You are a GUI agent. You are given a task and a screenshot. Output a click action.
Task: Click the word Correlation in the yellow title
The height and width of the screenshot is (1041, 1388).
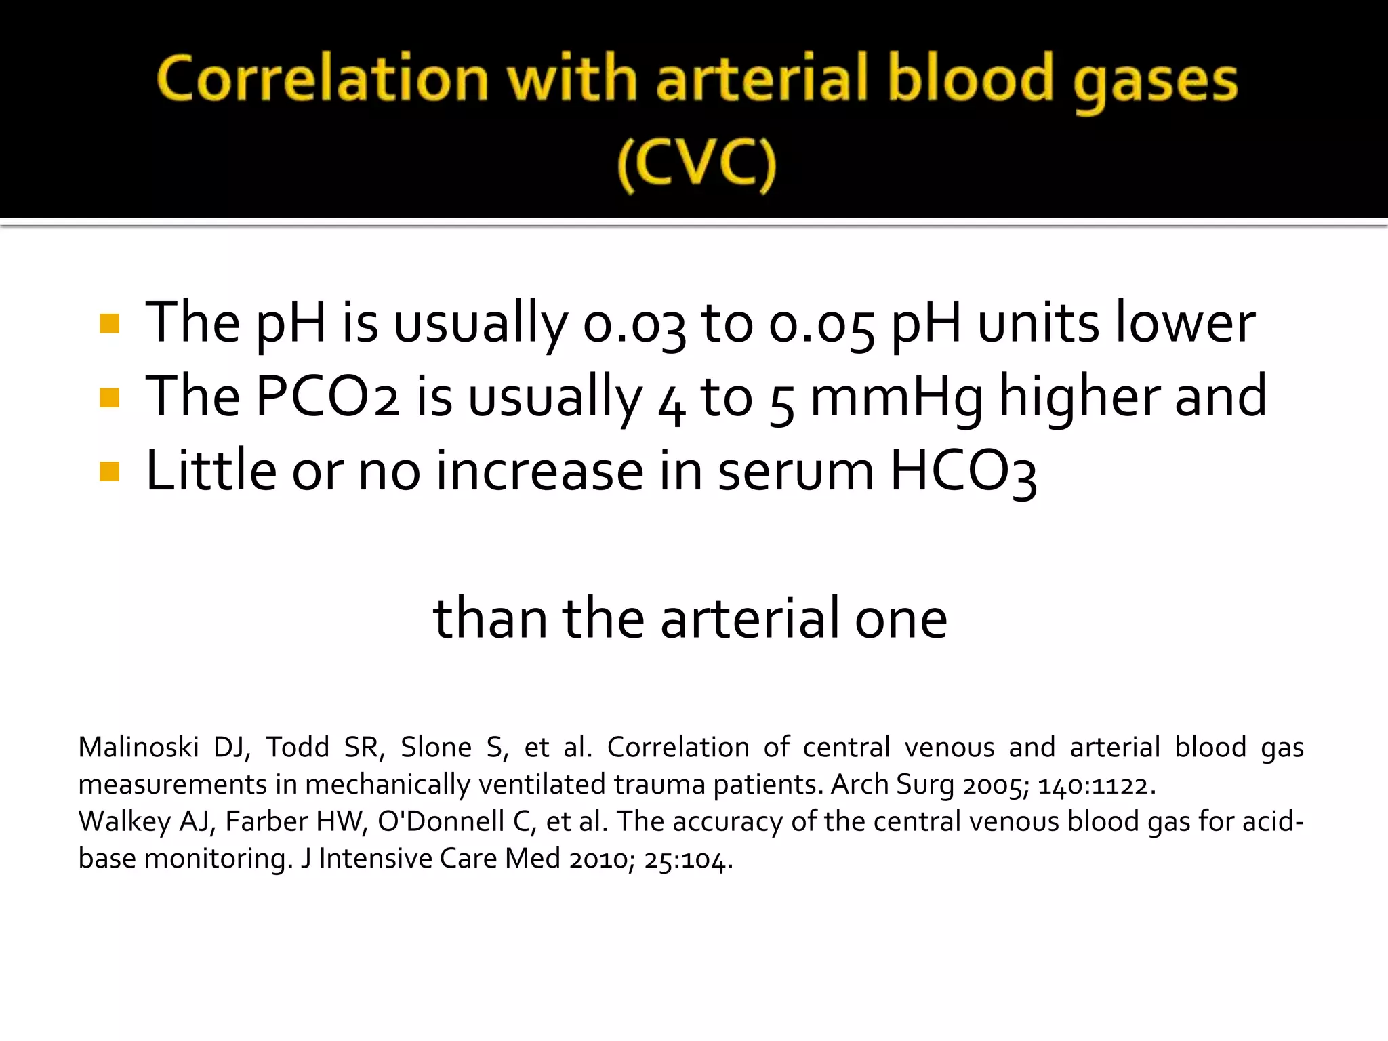click(x=323, y=79)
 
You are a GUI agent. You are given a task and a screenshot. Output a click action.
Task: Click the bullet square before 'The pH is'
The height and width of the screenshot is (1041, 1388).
click(x=109, y=323)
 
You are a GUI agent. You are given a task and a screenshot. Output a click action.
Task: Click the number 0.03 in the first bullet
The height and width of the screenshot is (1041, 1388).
click(x=634, y=324)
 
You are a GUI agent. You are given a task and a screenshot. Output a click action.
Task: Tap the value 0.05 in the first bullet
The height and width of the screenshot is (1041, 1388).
click(x=821, y=324)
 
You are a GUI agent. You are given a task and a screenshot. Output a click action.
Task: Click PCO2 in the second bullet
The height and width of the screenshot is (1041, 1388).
click(x=327, y=396)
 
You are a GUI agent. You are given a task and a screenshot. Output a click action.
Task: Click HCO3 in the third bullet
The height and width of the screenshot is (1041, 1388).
click(x=963, y=472)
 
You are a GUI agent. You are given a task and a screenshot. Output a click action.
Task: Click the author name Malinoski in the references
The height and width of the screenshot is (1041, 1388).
click(x=138, y=747)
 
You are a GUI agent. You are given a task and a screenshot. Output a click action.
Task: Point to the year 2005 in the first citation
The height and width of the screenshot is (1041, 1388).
click(x=994, y=785)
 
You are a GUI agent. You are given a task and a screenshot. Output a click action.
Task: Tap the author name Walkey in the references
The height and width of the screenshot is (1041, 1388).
click(x=124, y=821)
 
